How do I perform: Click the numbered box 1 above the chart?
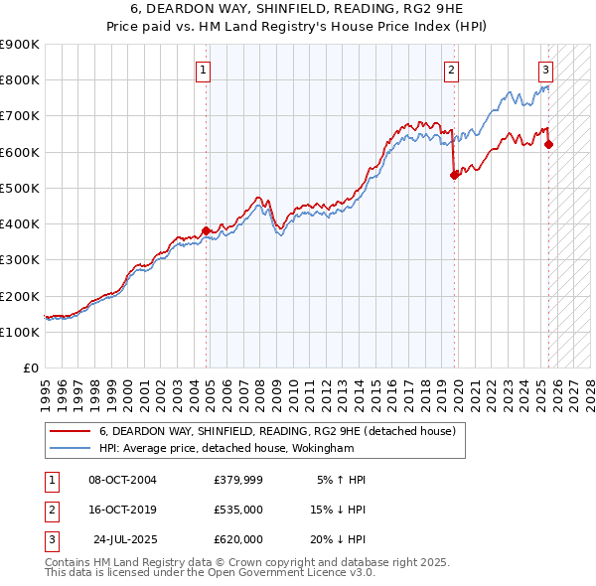pyautogui.click(x=203, y=70)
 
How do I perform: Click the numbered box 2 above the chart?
pyautogui.click(x=451, y=70)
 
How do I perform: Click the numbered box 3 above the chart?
pyautogui.click(x=545, y=70)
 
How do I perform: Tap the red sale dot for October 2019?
pyautogui.click(x=454, y=175)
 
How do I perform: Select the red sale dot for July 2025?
pyautogui.click(x=549, y=144)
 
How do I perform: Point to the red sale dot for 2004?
pyautogui.click(x=207, y=230)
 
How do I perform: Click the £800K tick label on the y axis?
pyautogui.click(x=21, y=80)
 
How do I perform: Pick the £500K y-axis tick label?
pyautogui.click(x=21, y=188)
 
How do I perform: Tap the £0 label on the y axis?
pyautogui.click(x=30, y=368)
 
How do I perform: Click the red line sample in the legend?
pyautogui.click(x=70, y=432)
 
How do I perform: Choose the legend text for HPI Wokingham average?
pyautogui.click(x=226, y=448)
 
